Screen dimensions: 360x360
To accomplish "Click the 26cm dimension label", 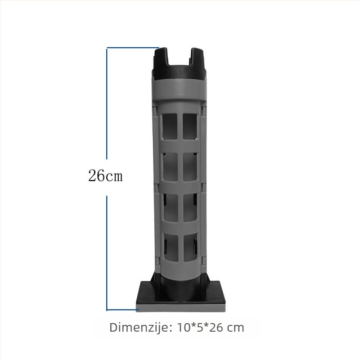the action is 105,176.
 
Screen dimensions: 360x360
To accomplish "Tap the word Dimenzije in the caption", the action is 140,328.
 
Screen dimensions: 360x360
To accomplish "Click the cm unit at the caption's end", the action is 235,328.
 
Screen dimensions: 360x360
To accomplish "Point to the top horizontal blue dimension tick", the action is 133,48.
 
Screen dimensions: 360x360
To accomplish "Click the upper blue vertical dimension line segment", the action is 107,103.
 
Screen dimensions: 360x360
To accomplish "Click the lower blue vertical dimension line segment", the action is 107,253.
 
